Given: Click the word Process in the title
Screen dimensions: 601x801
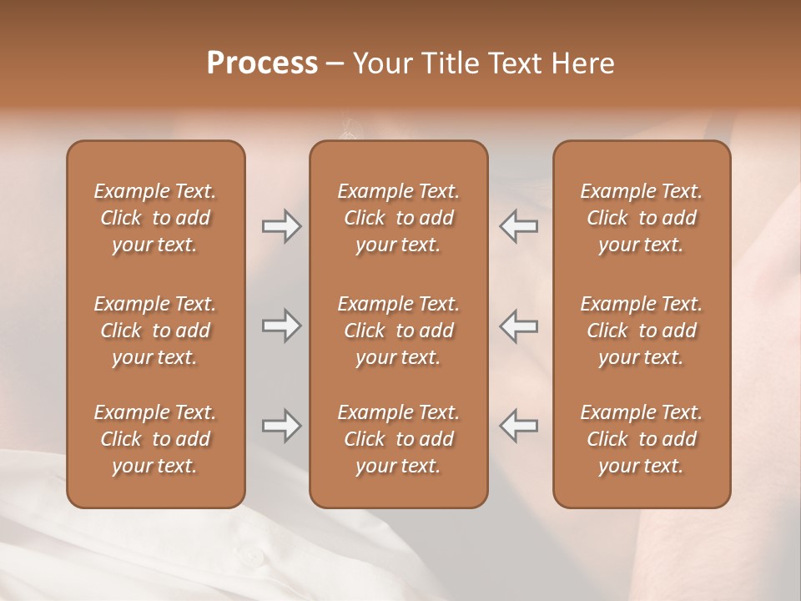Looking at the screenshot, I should [262, 63].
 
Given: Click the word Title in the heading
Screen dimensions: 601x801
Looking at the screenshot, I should [451, 63].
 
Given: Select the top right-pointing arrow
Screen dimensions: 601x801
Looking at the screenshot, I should [281, 226].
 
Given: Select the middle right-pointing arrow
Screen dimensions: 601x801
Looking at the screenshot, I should [281, 326].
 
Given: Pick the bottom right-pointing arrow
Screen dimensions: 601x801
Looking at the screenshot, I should [281, 427].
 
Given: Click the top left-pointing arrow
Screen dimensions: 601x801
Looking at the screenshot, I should [518, 226].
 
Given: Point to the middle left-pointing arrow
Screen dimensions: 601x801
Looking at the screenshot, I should [518, 326].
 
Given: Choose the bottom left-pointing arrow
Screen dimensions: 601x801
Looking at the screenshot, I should [518, 427].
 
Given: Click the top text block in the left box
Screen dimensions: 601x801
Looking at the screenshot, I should [155, 218].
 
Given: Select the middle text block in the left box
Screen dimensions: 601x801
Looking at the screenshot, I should [155, 331].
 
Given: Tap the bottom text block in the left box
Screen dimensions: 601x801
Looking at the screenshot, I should [155, 439].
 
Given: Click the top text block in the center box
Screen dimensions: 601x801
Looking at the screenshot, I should [398, 218].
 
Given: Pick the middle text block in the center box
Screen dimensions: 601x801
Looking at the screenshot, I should [398, 331].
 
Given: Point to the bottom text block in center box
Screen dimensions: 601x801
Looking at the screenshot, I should [398, 439].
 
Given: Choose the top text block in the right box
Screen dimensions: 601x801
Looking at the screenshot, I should [641, 218].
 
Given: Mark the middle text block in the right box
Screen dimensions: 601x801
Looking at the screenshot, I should [641, 331].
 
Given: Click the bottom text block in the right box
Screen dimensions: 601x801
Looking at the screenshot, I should [641, 439].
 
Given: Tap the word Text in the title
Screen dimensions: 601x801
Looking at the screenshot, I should [519, 63].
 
